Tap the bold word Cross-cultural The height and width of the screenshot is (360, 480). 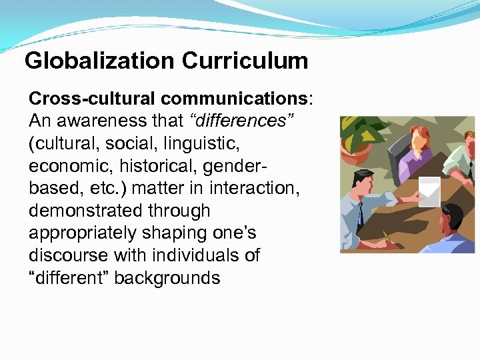point(92,99)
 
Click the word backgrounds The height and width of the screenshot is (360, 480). point(167,278)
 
